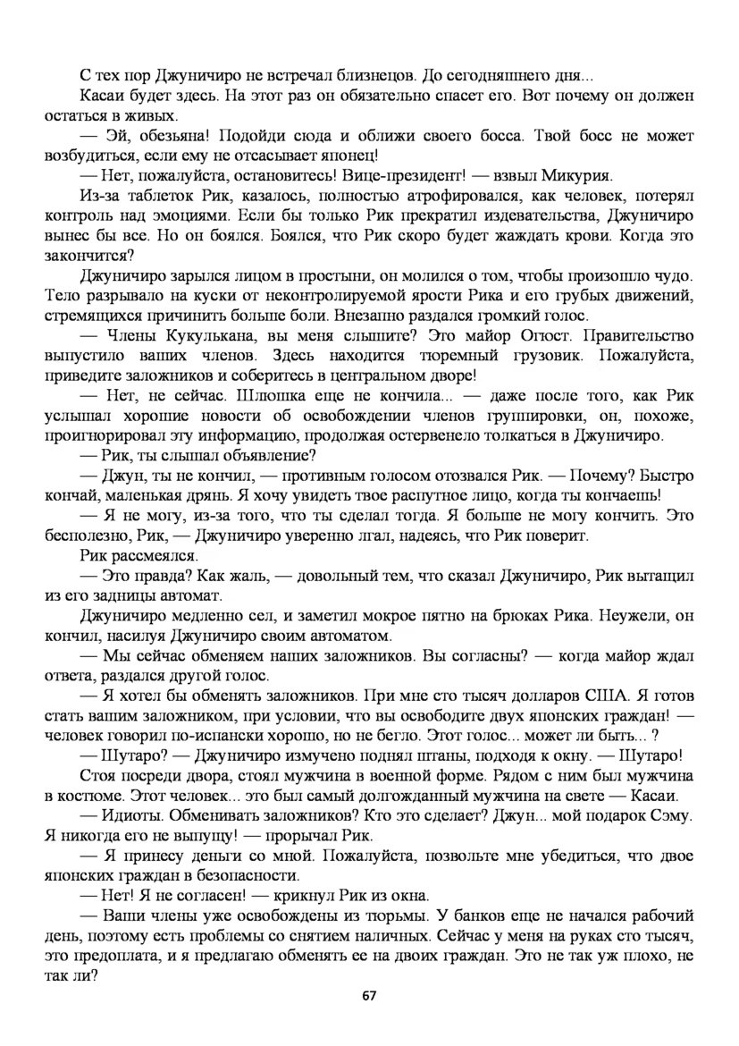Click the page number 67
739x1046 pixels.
point(368,996)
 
